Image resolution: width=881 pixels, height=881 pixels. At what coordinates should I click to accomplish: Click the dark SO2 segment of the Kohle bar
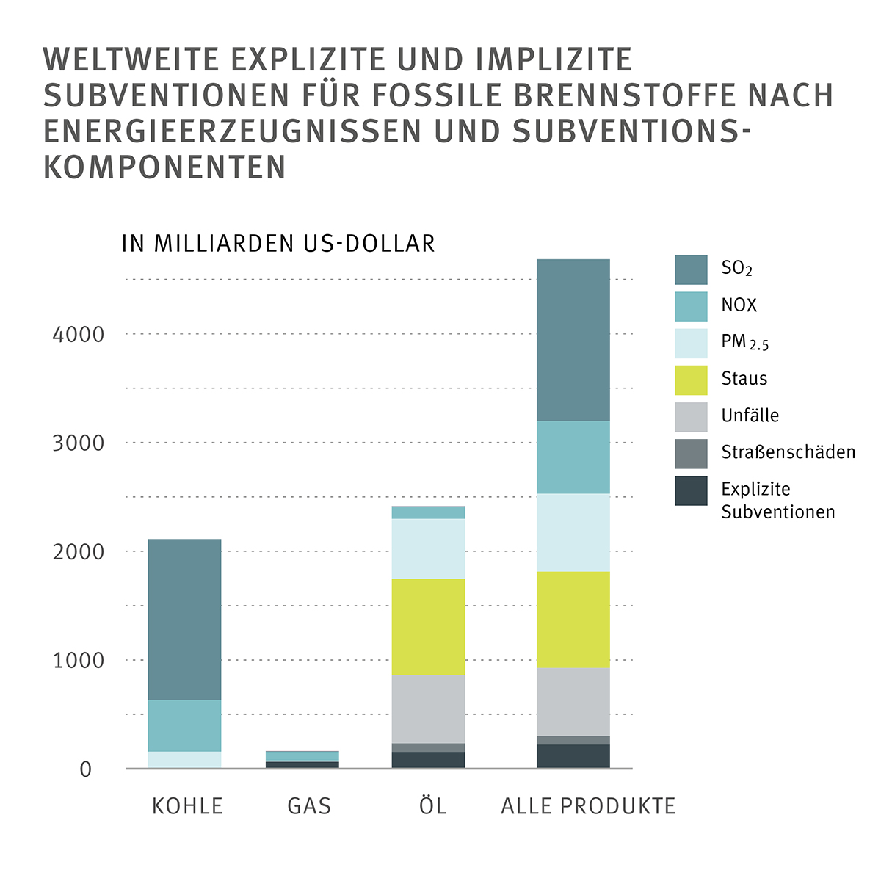point(184,619)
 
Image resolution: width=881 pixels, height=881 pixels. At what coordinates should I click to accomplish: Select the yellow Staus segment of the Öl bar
point(428,626)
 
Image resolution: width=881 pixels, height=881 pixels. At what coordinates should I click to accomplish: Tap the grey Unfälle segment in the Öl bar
point(428,708)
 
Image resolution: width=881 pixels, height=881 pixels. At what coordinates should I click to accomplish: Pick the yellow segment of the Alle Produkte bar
point(573,619)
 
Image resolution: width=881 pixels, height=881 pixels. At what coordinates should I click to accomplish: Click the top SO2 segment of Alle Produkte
point(573,340)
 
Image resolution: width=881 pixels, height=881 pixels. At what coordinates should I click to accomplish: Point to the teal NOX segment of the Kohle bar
point(184,725)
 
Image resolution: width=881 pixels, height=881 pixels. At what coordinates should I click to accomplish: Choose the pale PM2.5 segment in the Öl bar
point(428,548)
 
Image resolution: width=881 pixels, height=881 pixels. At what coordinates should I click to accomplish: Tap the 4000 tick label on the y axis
point(79,335)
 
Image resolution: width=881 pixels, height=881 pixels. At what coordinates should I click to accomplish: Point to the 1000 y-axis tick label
point(79,661)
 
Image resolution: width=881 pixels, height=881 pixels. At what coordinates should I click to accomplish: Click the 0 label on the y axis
point(86,769)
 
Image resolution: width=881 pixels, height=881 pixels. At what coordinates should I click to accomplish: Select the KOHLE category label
point(187,806)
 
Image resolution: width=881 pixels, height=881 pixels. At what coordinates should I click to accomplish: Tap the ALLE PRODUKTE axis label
point(588,806)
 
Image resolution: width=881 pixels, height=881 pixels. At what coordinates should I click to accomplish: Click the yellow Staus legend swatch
point(691,380)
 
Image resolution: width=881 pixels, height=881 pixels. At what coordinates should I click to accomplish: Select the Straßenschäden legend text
point(788,452)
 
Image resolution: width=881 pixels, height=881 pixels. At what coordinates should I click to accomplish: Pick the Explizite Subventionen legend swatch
point(691,490)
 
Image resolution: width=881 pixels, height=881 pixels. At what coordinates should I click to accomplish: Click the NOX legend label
point(739,305)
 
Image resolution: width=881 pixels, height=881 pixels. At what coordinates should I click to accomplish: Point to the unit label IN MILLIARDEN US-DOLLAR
point(278,244)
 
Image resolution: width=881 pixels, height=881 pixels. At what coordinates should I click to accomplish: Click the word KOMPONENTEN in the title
point(164,168)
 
